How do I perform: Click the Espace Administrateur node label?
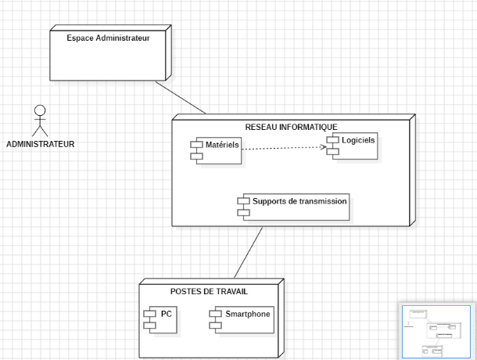(108, 38)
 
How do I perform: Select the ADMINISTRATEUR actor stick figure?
(40, 121)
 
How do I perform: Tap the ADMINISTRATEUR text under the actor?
(41, 144)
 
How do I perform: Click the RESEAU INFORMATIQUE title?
(291, 127)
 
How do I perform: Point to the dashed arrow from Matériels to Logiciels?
(282, 148)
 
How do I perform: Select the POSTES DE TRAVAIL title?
(209, 291)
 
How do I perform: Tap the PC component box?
(160, 320)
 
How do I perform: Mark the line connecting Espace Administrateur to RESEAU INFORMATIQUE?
(188, 97)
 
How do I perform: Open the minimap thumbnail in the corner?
(437, 332)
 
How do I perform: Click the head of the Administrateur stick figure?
(40, 110)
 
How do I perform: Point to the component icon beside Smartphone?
(214, 318)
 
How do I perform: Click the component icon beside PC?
(150, 319)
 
